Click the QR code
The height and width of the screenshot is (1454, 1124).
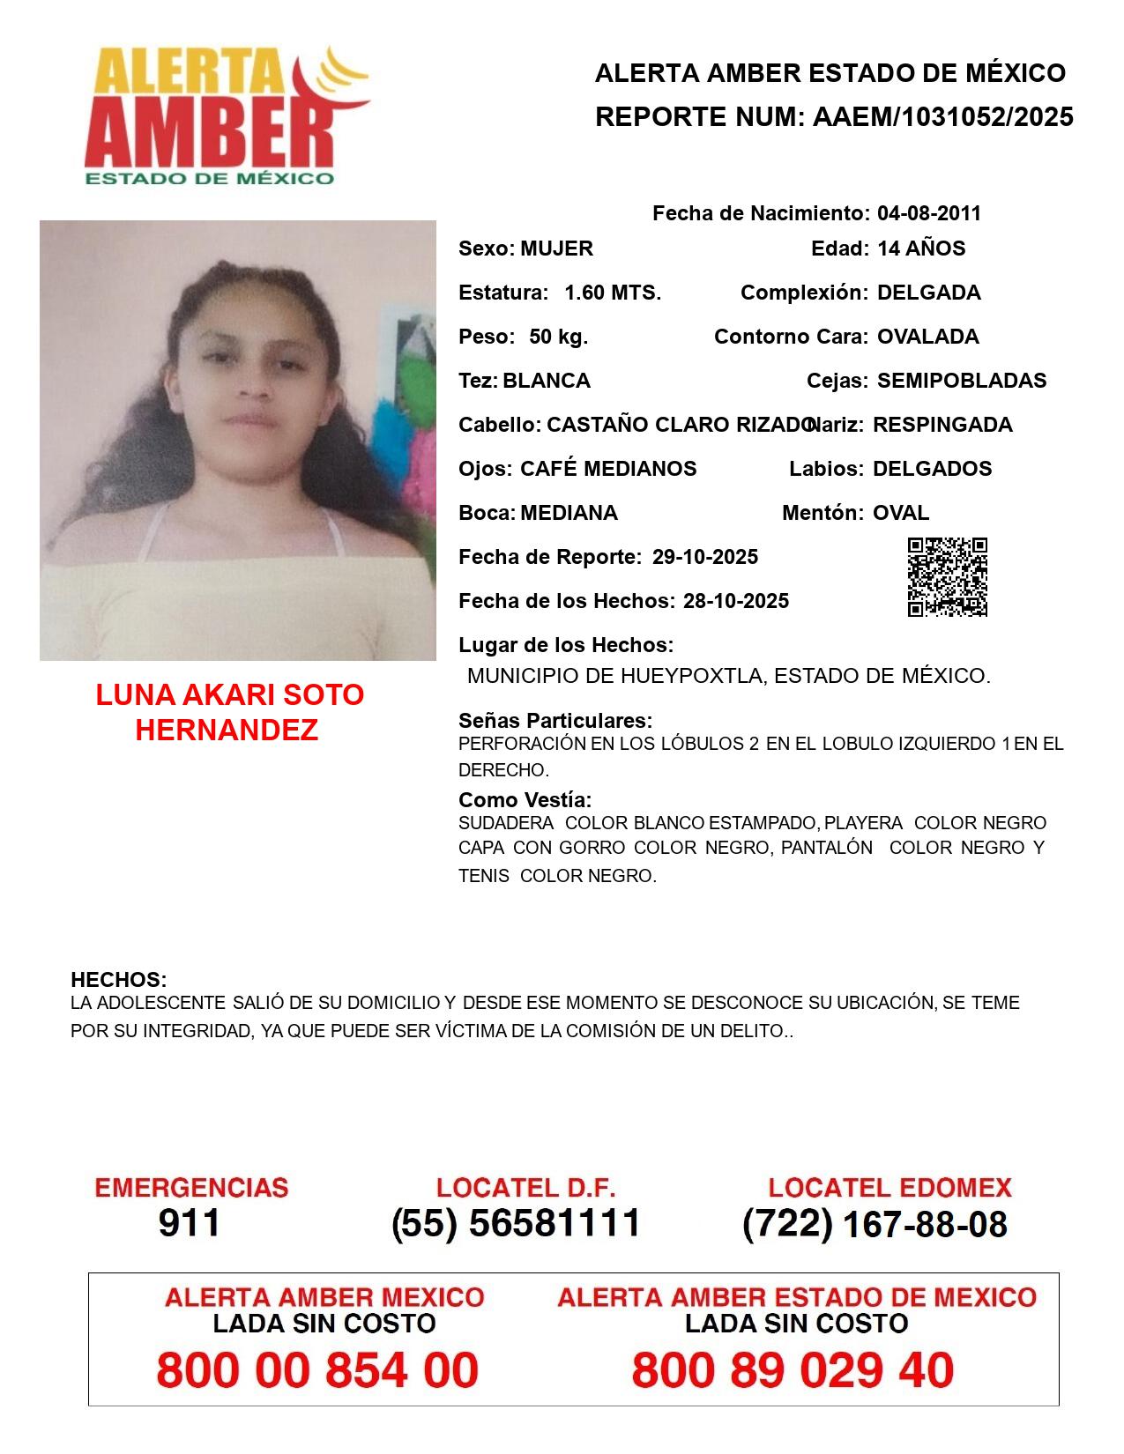click(948, 577)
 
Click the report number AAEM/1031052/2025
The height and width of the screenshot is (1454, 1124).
click(942, 117)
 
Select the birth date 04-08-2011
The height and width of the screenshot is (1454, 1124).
click(928, 213)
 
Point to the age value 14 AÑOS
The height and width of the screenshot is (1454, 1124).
click(921, 249)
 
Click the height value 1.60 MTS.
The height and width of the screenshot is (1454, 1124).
click(613, 293)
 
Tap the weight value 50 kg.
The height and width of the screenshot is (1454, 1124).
click(558, 337)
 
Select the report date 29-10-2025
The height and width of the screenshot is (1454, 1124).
click(705, 557)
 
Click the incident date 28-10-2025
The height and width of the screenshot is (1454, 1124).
click(736, 601)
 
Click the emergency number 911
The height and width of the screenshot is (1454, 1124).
click(190, 1223)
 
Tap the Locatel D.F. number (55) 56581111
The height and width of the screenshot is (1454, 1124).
click(517, 1223)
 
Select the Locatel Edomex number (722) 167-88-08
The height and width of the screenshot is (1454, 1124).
click(875, 1224)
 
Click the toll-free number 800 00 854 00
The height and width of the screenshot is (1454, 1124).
click(317, 1370)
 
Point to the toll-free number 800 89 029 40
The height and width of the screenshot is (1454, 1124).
click(793, 1370)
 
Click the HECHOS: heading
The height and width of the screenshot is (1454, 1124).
click(119, 980)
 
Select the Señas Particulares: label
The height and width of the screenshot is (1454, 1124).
click(555, 721)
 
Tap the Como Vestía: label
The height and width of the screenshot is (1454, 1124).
click(525, 800)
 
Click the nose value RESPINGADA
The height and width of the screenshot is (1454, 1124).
click(942, 425)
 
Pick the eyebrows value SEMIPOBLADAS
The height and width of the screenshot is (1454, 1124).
click(962, 381)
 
